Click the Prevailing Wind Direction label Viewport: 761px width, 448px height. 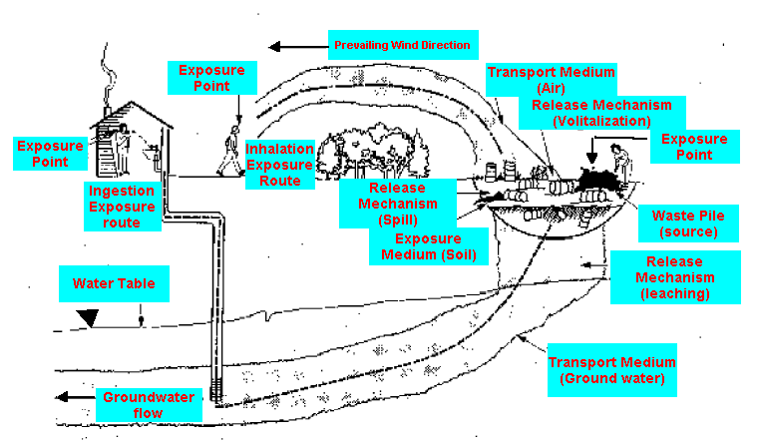pyautogui.click(x=402, y=45)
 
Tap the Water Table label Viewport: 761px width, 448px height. pyautogui.click(x=114, y=283)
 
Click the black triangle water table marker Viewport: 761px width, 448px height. pyautogui.click(x=89, y=318)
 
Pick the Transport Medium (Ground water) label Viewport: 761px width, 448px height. pyautogui.click(x=611, y=369)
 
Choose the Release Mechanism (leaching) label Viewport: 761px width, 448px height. pyautogui.click(x=674, y=277)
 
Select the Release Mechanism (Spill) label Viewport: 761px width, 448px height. pyautogui.click(x=397, y=204)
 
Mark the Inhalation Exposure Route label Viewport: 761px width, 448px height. pyautogui.click(x=280, y=164)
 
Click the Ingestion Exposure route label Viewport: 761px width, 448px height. pyautogui.click(x=123, y=207)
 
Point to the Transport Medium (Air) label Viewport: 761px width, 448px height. pyautogui.click(x=550, y=79)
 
